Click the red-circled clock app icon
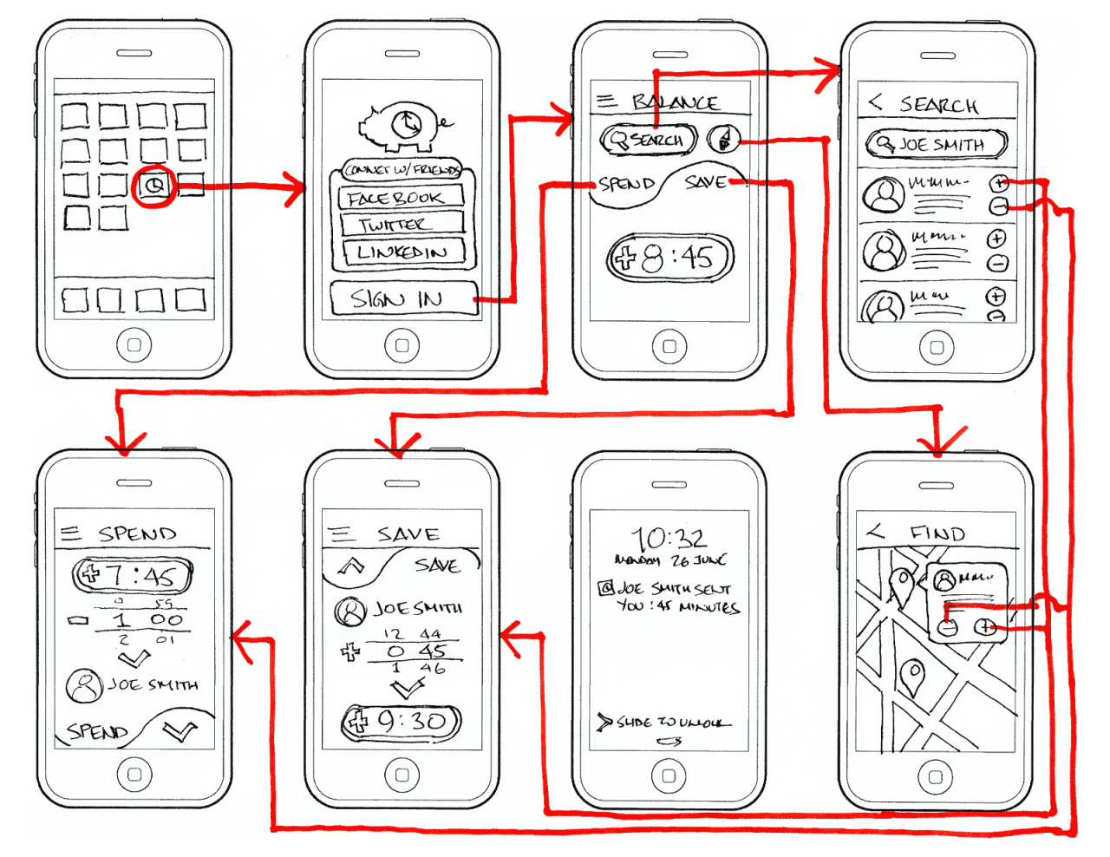tap(154, 186)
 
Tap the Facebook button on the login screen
tap(398, 198)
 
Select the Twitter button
tap(398, 225)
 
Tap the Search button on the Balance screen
tap(648, 140)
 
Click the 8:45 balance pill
tap(669, 258)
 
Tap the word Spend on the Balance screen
tap(626, 184)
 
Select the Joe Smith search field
tap(937, 144)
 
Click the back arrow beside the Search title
tap(876, 102)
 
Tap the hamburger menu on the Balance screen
tap(605, 101)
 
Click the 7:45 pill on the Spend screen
tap(132, 575)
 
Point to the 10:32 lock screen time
tap(669, 538)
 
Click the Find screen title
tap(937, 533)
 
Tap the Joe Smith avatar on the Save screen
tap(350, 612)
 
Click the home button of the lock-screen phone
tap(669, 776)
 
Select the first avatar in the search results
tap(883, 194)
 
